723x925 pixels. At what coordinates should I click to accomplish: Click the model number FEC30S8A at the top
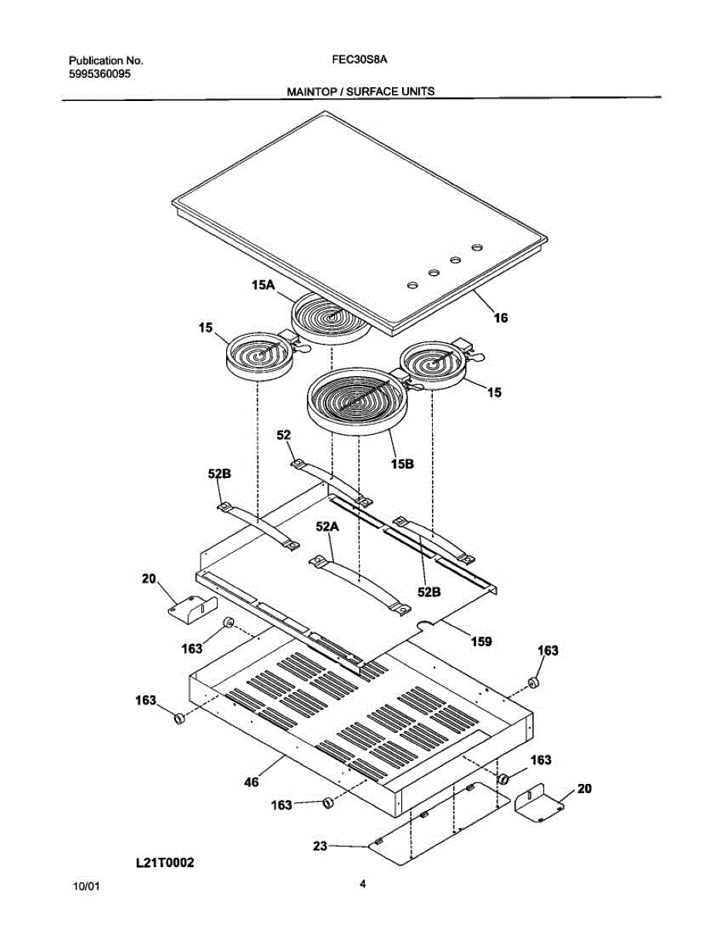pyautogui.click(x=360, y=60)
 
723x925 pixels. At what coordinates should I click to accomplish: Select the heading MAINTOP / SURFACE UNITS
pyautogui.click(x=360, y=91)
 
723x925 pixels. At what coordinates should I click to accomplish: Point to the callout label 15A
pyautogui.click(x=263, y=285)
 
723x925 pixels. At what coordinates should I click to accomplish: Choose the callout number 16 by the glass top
pyautogui.click(x=501, y=317)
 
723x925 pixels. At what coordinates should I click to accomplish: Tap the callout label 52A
pyautogui.click(x=327, y=526)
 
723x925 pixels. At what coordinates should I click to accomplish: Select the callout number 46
pyautogui.click(x=251, y=782)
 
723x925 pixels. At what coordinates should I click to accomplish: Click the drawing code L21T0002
pyautogui.click(x=164, y=864)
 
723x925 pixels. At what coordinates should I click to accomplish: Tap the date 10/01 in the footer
pyautogui.click(x=85, y=887)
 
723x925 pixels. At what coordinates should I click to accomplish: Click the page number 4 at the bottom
pyautogui.click(x=362, y=884)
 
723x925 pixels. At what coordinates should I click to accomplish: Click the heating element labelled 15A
pyautogui.click(x=328, y=318)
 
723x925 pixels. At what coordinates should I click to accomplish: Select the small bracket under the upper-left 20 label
pyautogui.click(x=188, y=608)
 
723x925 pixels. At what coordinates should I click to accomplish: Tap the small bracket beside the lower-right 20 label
pyautogui.click(x=538, y=802)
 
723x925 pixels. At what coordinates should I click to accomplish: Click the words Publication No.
pyautogui.click(x=106, y=61)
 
